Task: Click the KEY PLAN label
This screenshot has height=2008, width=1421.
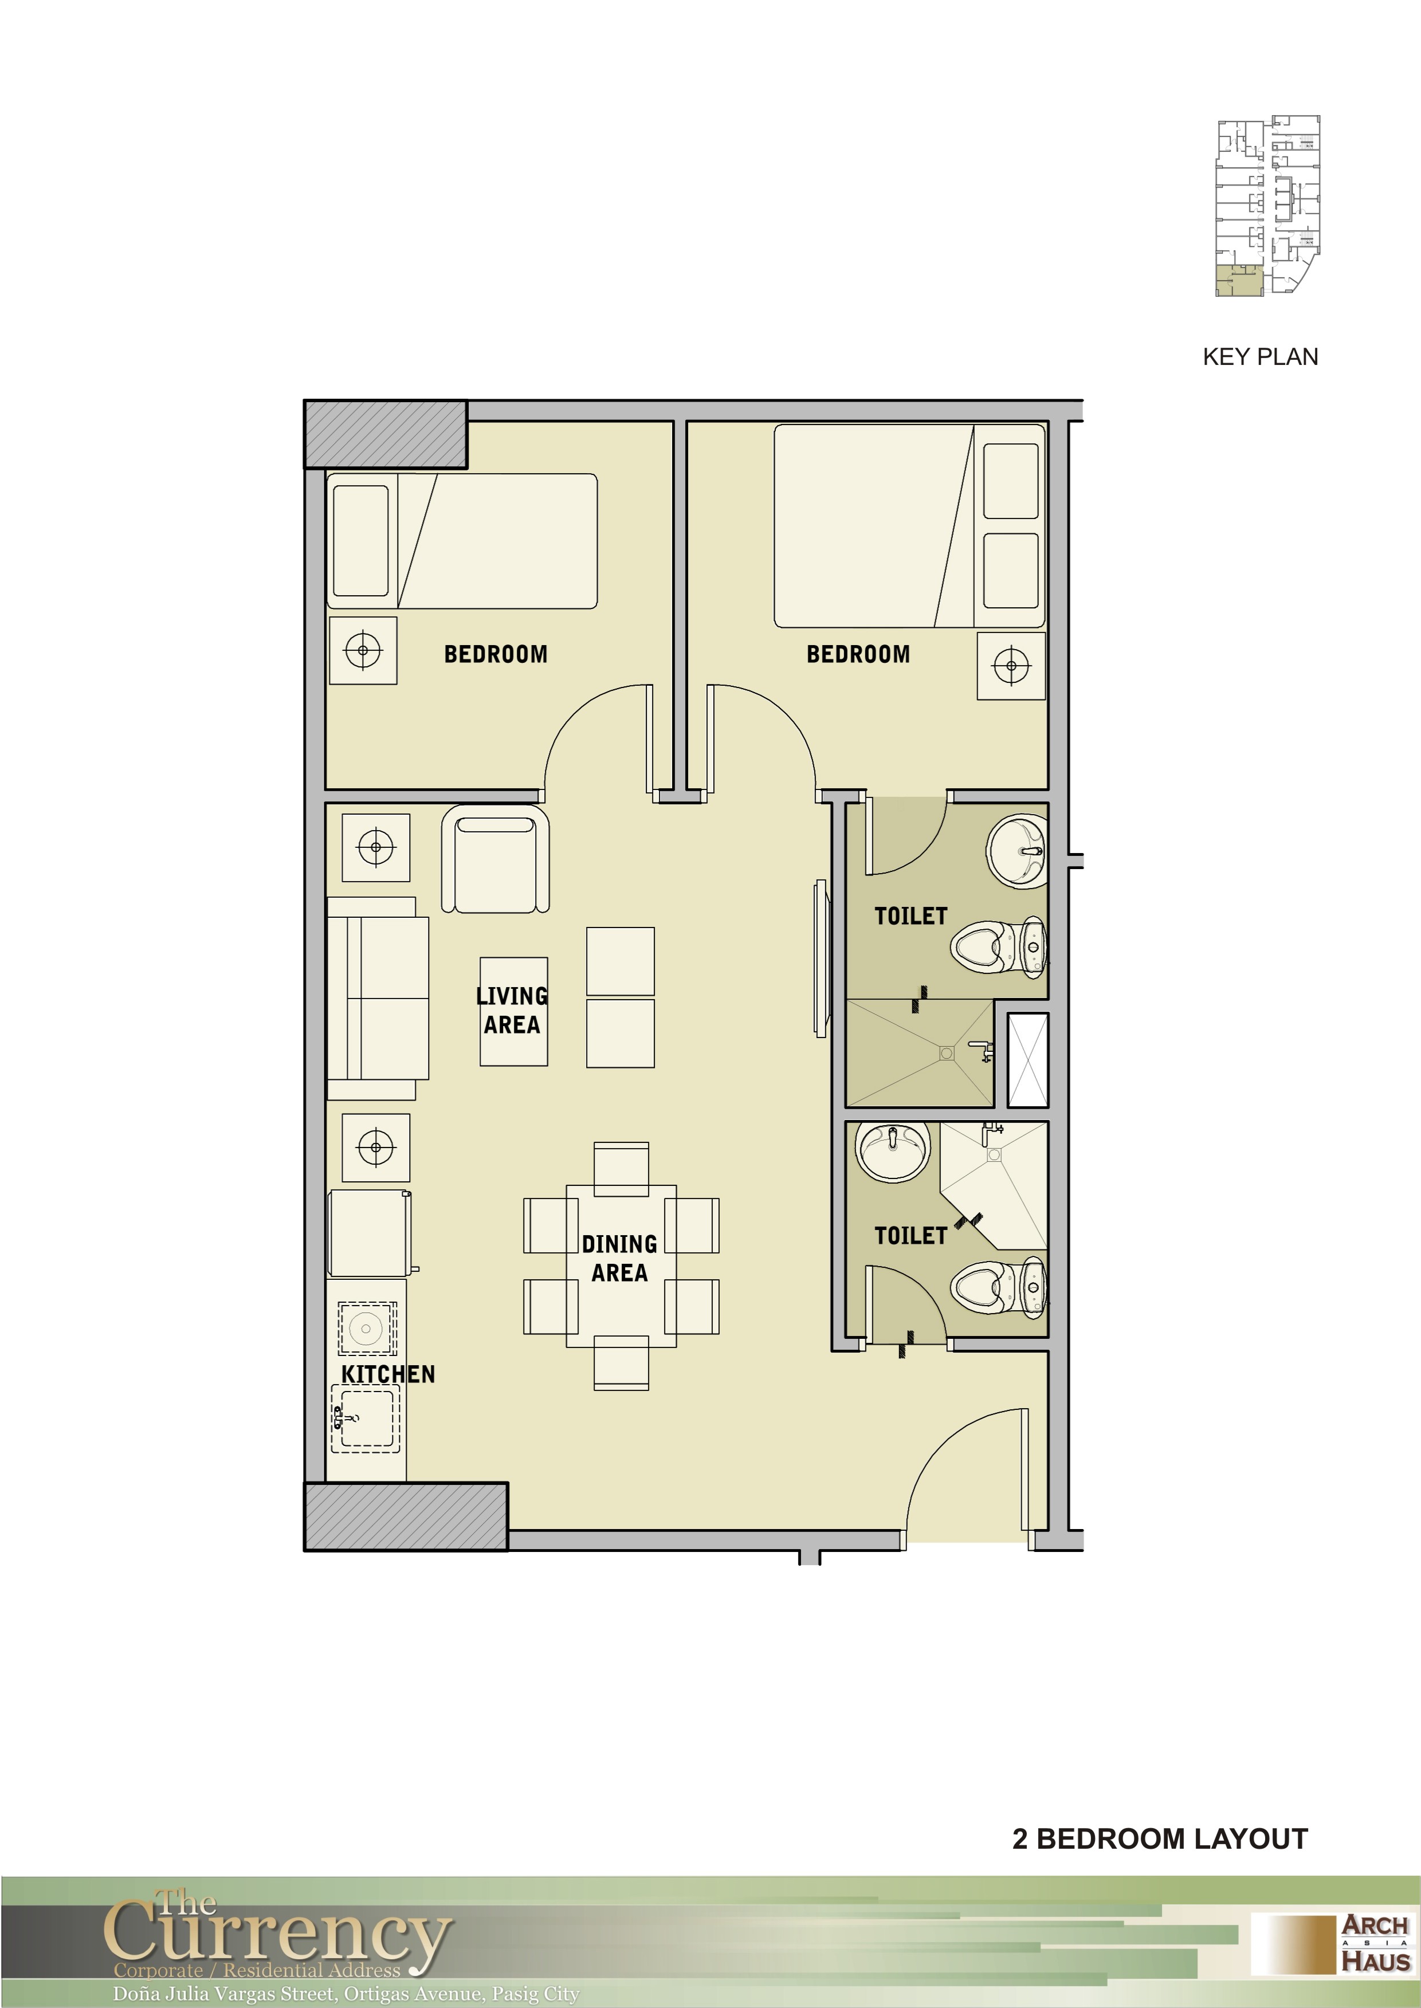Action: tap(1260, 357)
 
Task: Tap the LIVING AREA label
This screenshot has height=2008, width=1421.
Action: tap(512, 1011)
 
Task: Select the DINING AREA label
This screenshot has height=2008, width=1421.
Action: tap(619, 1258)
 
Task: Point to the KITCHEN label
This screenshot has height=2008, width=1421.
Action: tap(388, 1374)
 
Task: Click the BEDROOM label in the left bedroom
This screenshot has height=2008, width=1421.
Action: tap(495, 654)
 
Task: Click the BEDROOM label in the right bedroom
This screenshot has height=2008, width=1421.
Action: tap(858, 654)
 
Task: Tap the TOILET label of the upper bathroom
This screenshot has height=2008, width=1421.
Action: tap(911, 916)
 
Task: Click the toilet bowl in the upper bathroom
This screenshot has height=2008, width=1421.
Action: tap(998, 946)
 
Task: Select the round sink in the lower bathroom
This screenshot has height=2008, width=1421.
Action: tap(893, 1152)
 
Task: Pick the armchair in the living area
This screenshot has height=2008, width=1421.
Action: tap(495, 859)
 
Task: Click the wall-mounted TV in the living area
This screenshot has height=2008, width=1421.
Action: tap(821, 958)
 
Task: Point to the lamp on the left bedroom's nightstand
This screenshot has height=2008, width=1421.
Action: tap(363, 651)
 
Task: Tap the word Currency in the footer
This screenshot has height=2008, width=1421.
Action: tap(278, 1936)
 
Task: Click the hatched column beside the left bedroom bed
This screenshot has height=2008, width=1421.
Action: tap(386, 434)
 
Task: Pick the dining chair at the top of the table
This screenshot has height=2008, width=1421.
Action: tap(621, 1169)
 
